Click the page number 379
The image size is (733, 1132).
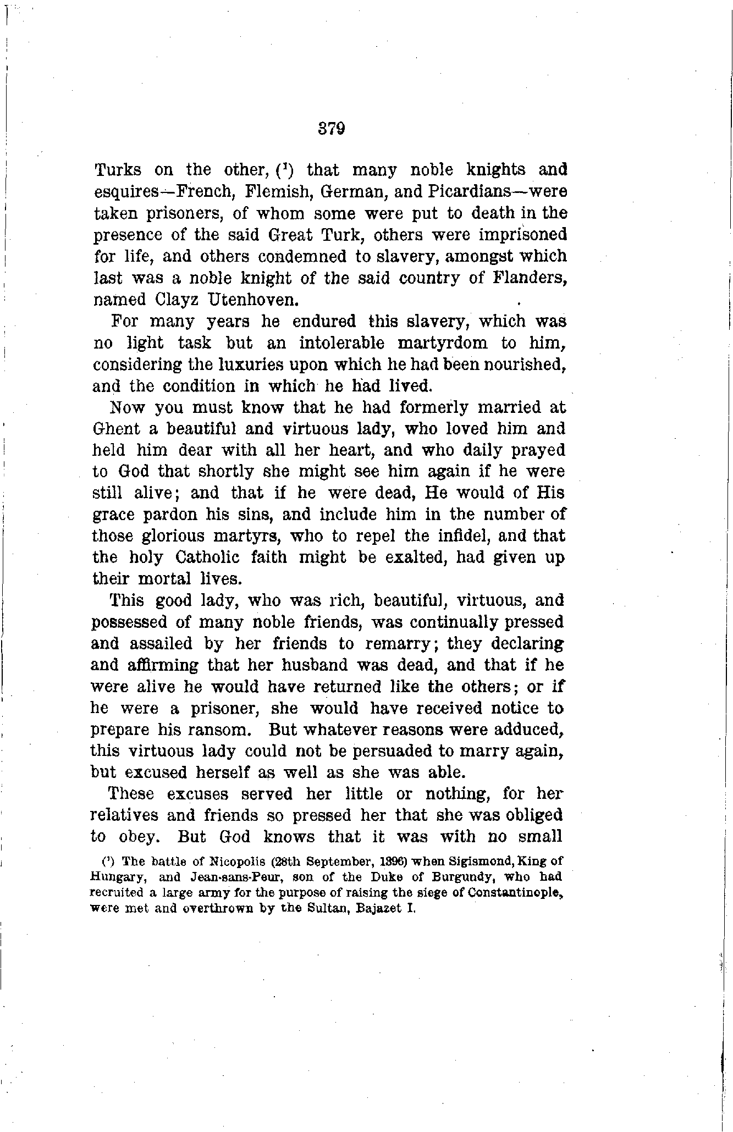point(331,129)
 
